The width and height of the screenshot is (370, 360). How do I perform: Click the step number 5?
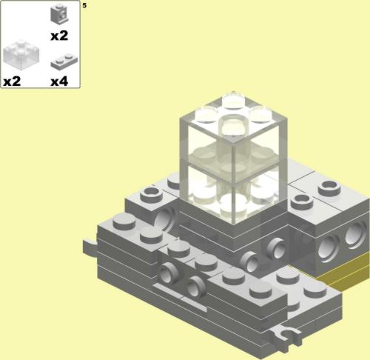click(x=84, y=5)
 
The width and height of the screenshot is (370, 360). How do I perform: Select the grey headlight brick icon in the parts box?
click(x=59, y=14)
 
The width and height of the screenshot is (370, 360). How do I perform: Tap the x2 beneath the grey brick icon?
click(x=59, y=36)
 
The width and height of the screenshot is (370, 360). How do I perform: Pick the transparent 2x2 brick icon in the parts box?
click(x=21, y=55)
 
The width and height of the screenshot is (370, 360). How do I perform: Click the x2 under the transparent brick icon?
click(x=12, y=81)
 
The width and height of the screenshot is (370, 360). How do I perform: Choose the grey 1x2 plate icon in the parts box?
click(x=64, y=61)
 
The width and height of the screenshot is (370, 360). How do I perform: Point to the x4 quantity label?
click(x=59, y=81)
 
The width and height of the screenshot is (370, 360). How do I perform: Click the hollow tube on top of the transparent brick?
click(x=233, y=125)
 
